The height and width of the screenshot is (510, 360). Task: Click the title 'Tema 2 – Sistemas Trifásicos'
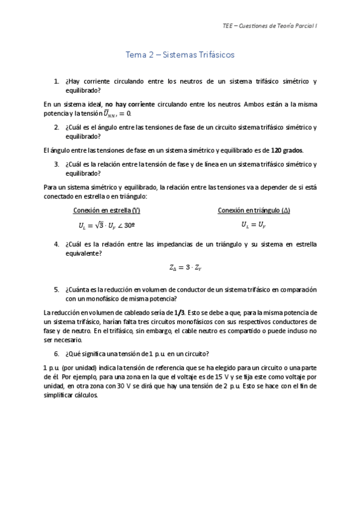[180, 55]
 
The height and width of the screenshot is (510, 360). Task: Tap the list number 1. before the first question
[56, 81]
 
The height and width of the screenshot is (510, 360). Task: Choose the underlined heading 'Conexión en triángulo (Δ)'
[245, 210]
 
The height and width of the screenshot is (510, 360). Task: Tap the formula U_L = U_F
[245, 224]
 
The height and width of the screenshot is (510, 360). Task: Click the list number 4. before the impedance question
[56, 244]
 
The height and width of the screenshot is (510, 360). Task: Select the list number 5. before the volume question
[56, 289]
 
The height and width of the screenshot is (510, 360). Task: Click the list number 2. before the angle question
[56, 127]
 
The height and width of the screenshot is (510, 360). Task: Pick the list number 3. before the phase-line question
[56, 164]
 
